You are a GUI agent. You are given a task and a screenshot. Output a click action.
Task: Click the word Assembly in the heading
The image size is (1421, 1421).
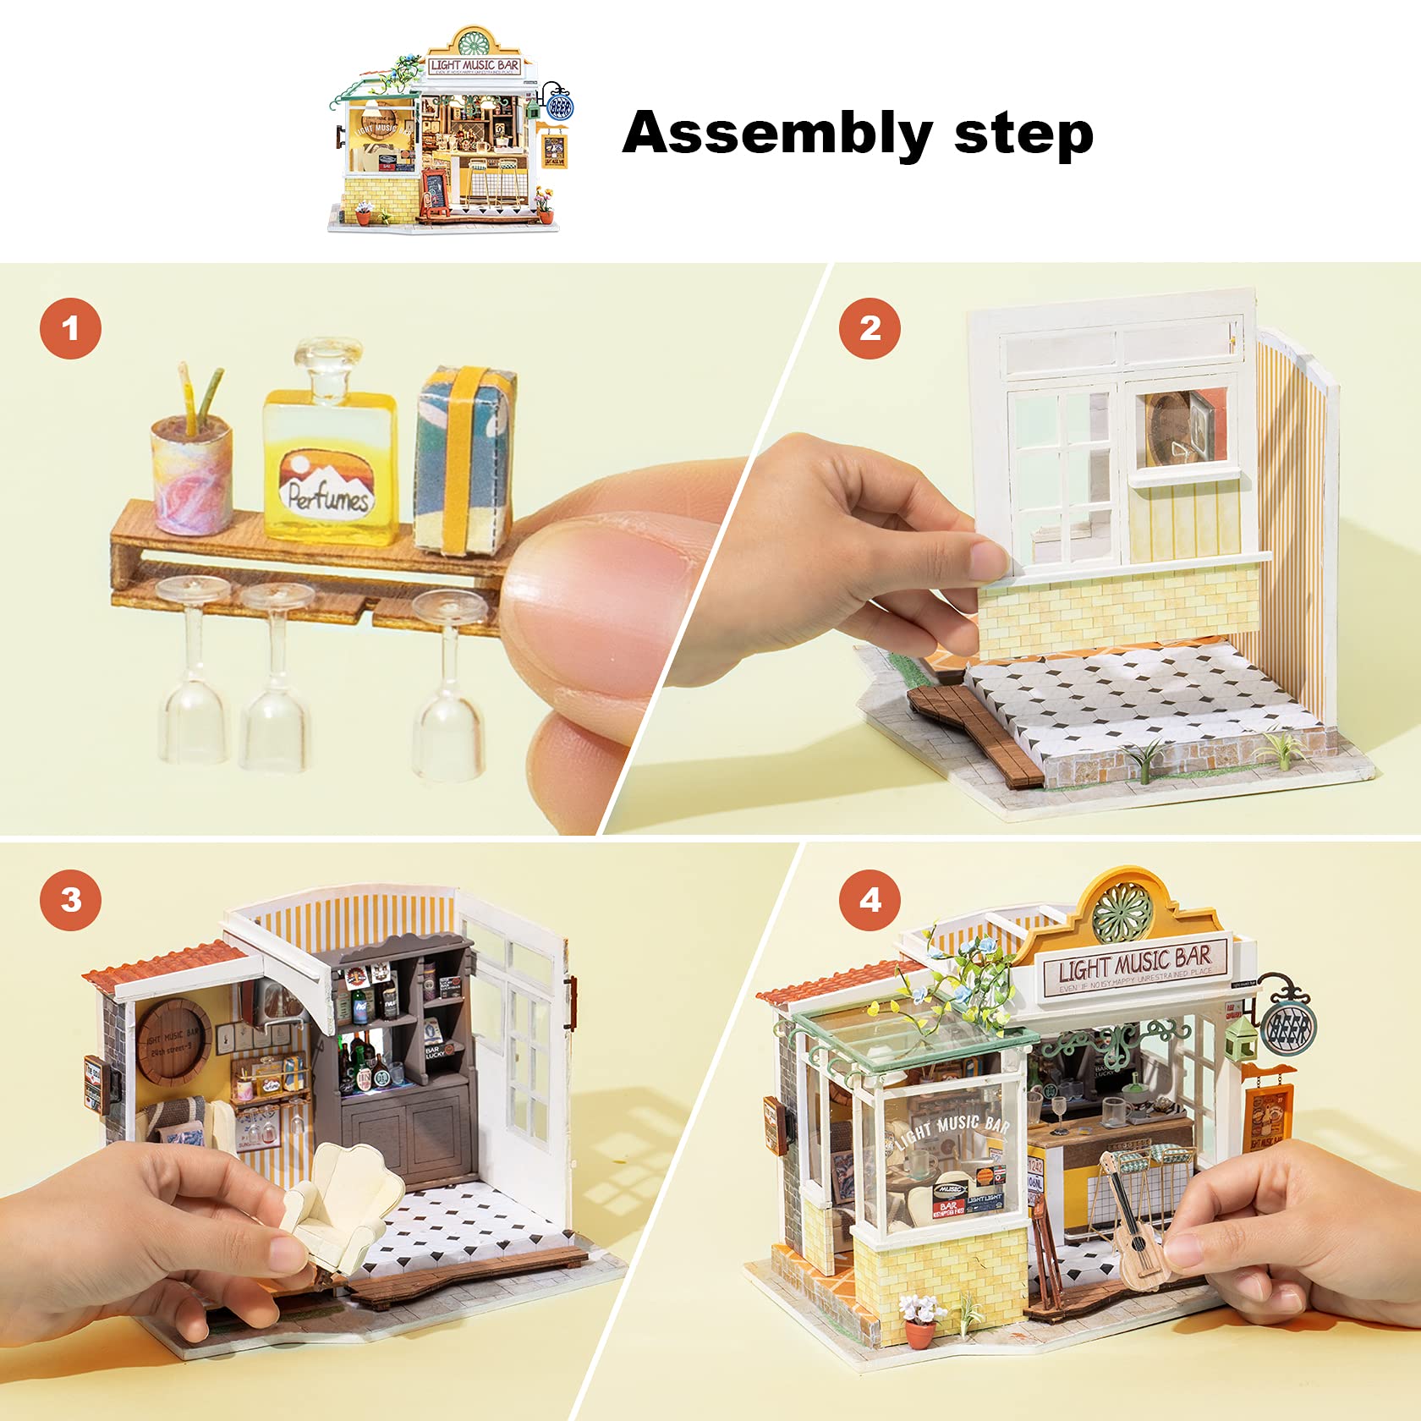coord(776,134)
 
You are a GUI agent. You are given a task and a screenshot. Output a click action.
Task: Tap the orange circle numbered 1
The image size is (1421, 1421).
coord(70,328)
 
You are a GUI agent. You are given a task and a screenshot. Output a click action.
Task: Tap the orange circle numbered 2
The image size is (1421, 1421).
coord(870,328)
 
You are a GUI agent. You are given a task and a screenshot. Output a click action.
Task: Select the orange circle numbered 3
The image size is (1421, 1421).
coord(70,899)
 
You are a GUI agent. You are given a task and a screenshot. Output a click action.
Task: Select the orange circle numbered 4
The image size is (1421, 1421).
coord(870,899)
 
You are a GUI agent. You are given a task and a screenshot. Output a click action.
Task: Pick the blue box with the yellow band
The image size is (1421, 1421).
coord(464,461)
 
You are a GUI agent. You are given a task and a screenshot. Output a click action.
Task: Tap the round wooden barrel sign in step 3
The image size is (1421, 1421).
coord(173,1042)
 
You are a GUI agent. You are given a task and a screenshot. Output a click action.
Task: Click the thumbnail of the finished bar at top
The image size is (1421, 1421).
coord(448,131)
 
